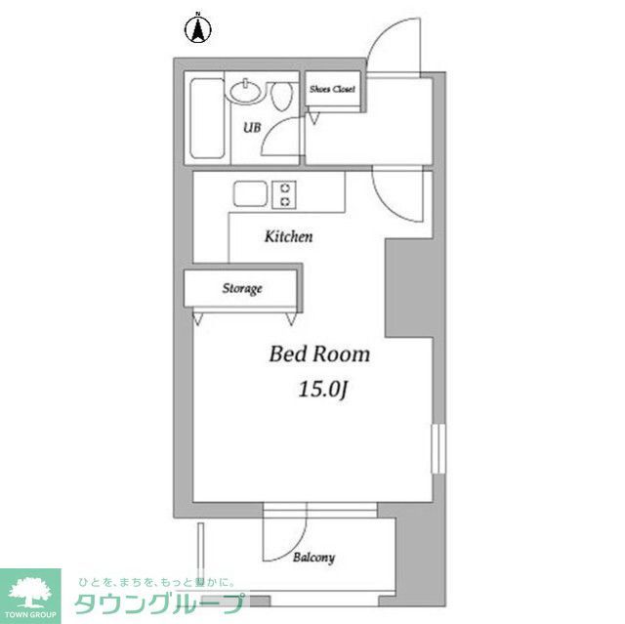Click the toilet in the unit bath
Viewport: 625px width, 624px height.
click(283, 98)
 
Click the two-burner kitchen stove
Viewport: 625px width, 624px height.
click(285, 194)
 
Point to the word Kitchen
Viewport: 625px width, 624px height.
click(289, 236)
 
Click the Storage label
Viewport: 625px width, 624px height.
click(242, 289)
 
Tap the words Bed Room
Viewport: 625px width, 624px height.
click(319, 354)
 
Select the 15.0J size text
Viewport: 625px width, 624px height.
click(323, 390)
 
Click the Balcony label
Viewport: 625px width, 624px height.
click(313, 558)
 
